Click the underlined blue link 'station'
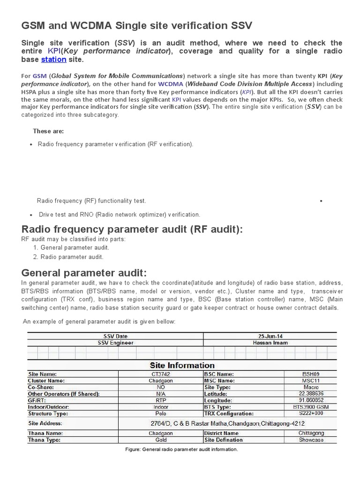click(x=53, y=60)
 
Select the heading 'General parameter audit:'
click(x=84, y=272)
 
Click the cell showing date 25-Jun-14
click(x=270, y=336)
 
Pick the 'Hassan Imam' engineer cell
click(x=270, y=343)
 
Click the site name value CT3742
click(x=160, y=374)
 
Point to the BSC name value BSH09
click(x=310, y=374)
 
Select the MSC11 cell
click(x=310, y=381)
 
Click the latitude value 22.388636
click(x=310, y=394)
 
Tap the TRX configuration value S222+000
click(x=310, y=414)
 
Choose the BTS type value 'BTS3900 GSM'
click(x=310, y=407)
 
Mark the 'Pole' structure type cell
click(x=160, y=414)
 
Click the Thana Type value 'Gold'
click(x=160, y=440)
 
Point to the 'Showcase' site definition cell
click(x=310, y=440)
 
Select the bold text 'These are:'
click(x=48, y=131)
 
